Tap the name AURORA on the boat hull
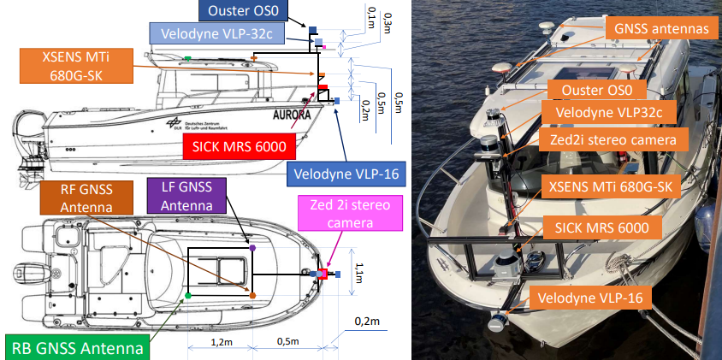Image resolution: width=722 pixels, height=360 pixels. click(x=290, y=115)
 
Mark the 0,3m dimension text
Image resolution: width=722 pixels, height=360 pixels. click(x=388, y=23)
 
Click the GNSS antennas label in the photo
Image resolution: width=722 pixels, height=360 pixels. click(x=661, y=28)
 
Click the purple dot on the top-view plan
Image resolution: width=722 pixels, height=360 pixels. click(x=252, y=247)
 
